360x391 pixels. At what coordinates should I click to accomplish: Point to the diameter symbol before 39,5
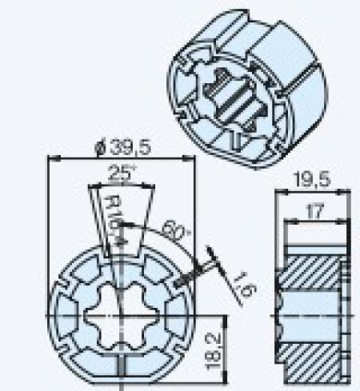[x=98, y=148]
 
